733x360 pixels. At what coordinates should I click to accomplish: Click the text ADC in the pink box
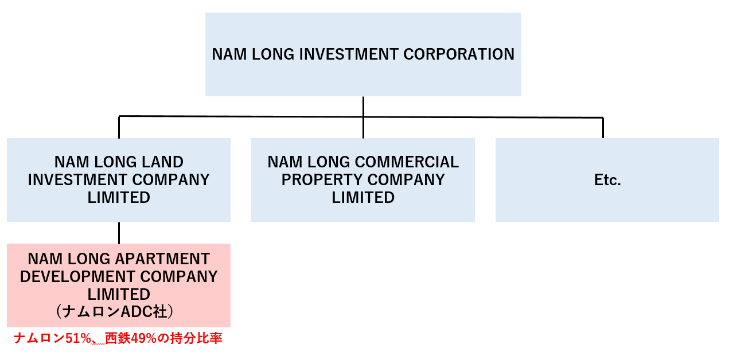tap(135, 312)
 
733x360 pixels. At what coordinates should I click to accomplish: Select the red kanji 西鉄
tap(117, 339)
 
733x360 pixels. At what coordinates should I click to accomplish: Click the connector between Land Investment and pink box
tap(119, 233)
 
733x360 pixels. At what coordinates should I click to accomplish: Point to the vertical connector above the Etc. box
tap(603, 128)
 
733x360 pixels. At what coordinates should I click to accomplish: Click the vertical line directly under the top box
tap(363, 106)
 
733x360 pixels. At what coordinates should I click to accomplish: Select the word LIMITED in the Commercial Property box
tap(363, 198)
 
